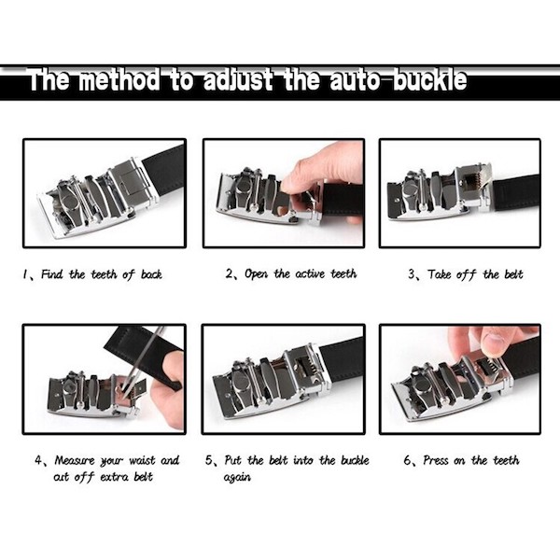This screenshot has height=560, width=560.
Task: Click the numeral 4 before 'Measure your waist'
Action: [40, 461]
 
